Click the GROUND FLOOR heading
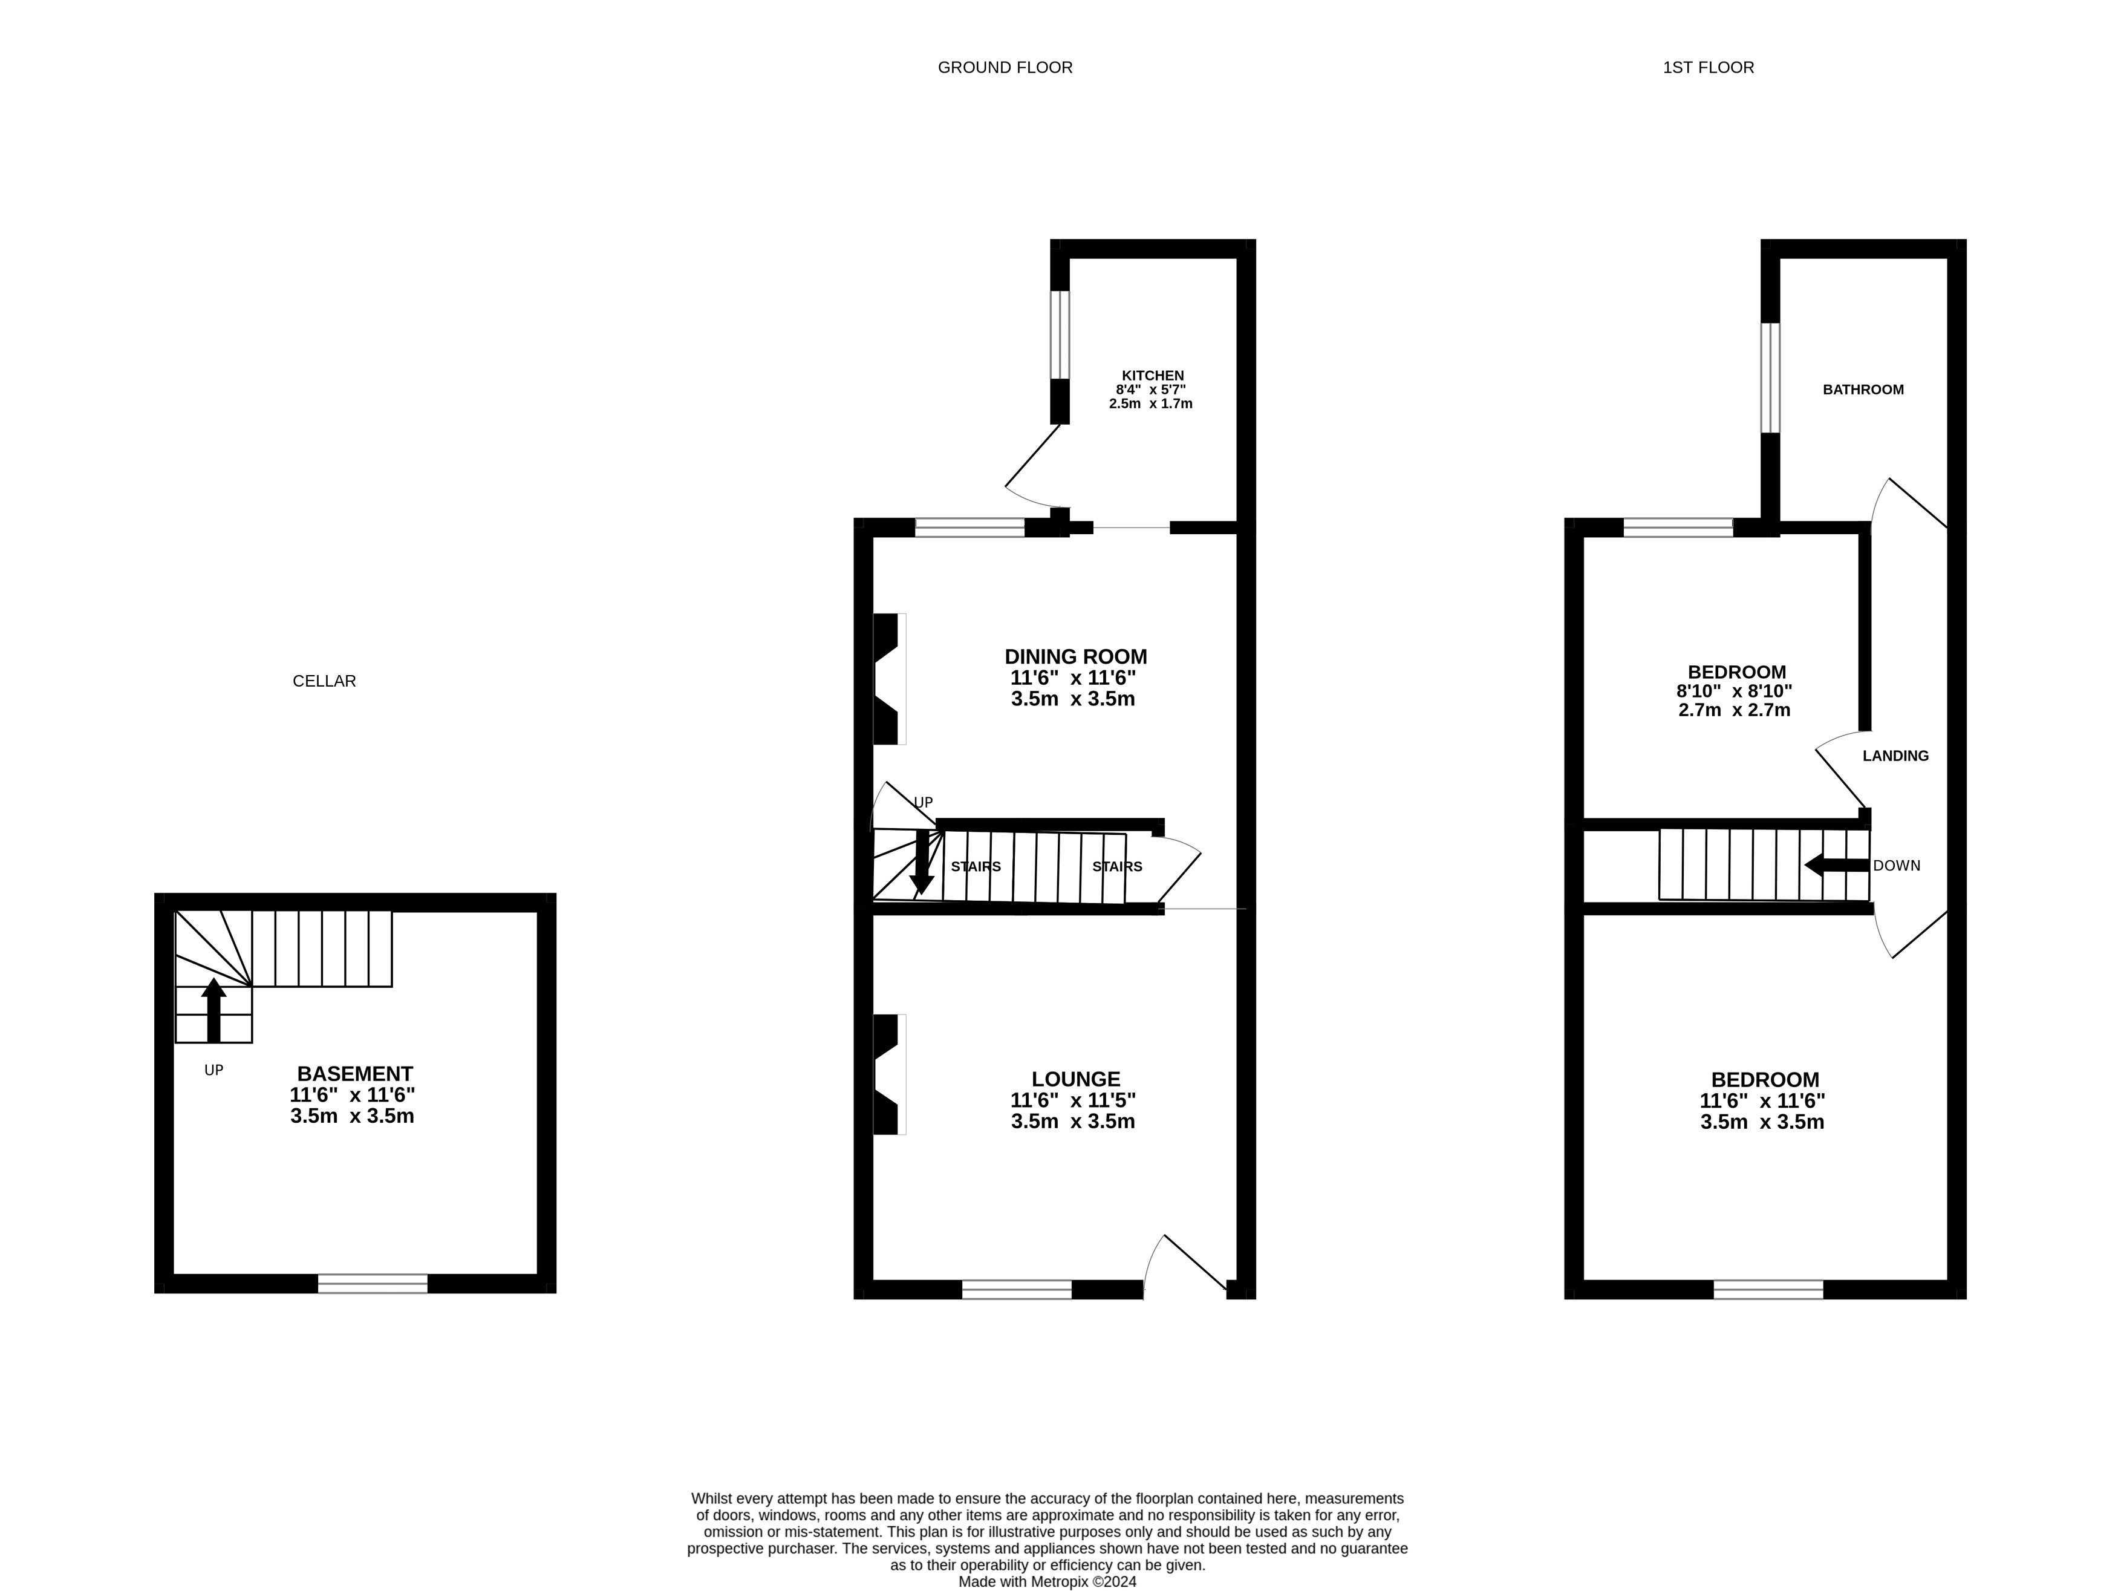(x=1005, y=67)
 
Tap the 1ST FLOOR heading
(x=1708, y=67)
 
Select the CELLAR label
(x=324, y=681)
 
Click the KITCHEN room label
(x=1153, y=375)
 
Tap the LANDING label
(x=1895, y=756)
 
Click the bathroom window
(x=1770, y=378)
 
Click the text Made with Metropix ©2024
(x=1047, y=1581)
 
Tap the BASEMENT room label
(x=355, y=1074)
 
